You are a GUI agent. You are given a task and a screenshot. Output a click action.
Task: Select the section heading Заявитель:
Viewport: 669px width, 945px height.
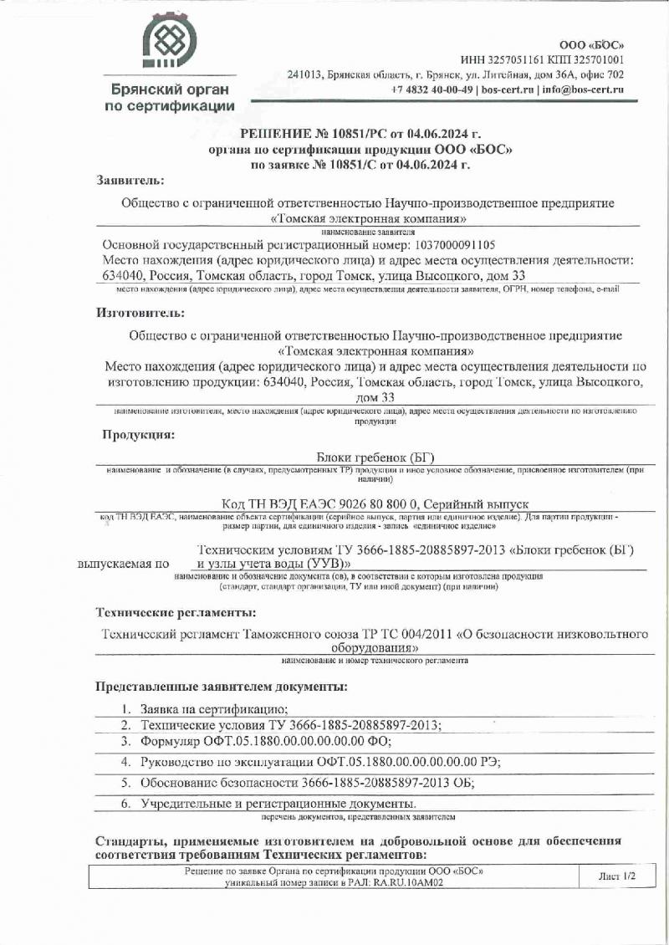[130, 180]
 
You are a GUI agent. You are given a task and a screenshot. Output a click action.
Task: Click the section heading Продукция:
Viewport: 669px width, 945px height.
[138, 435]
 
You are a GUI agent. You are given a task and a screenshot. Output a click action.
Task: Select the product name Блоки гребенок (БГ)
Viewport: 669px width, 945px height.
[376, 457]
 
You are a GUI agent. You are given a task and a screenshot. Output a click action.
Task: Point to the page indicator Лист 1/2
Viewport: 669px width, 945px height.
[617, 876]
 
